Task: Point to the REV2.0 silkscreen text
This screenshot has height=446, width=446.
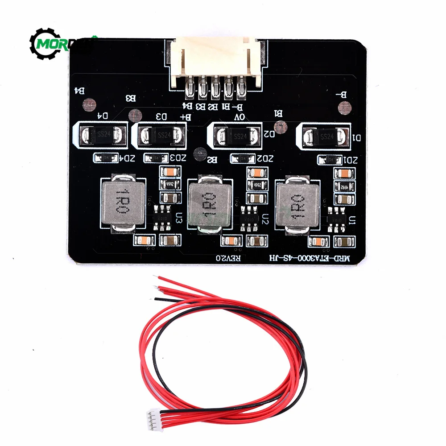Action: pyautogui.click(x=228, y=258)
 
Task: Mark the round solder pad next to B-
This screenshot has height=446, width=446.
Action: pyautogui.click(x=344, y=107)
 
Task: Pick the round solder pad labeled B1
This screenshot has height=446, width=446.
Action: pyautogui.click(x=280, y=127)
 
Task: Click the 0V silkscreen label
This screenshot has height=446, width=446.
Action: pyautogui.click(x=240, y=117)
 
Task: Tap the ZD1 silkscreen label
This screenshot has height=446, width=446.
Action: pyautogui.click(x=351, y=160)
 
